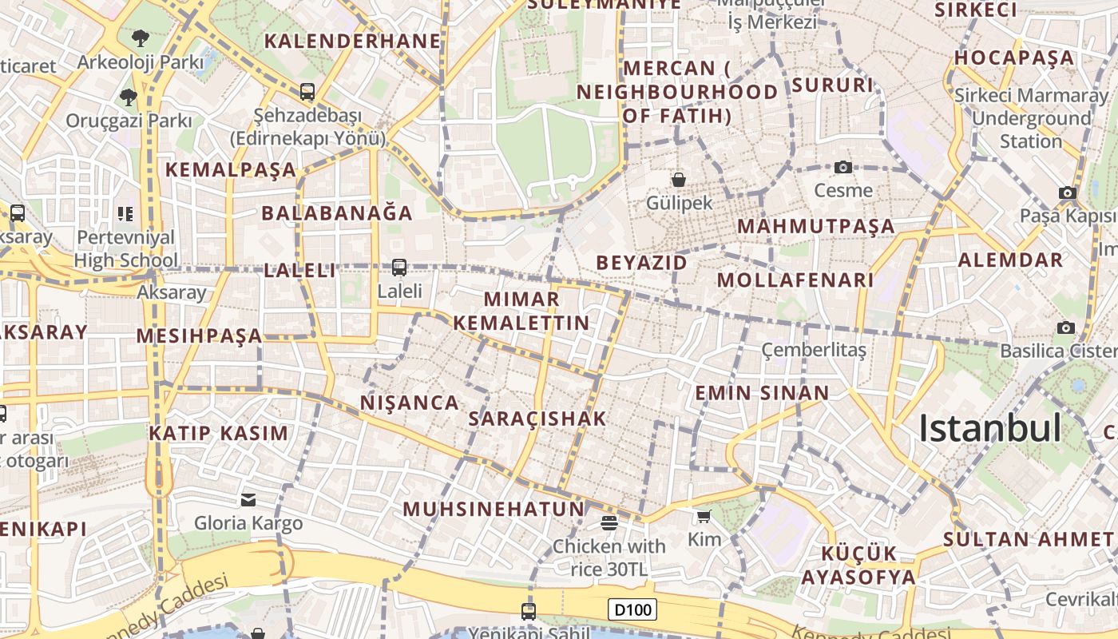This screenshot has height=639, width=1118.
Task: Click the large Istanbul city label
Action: click(x=989, y=429)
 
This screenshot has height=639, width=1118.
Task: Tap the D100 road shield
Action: click(x=632, y=610)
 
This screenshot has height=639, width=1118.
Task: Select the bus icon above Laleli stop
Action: click(x=398, y=268)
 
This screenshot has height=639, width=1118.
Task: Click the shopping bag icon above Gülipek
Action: click(x=678, y=180)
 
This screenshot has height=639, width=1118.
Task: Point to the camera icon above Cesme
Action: click(x=842, y=167)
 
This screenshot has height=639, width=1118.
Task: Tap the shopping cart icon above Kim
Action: click(x=704, y=517)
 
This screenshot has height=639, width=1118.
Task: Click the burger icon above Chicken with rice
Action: click(x=609, y=523)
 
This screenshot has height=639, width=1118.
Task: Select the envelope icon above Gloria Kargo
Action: click(x=248, y=500)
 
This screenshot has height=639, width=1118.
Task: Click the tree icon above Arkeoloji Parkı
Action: click(x=141, y=38)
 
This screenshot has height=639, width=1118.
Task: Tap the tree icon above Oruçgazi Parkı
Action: click(x=128, y=97)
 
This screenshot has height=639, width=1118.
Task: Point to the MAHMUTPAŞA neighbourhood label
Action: click(x=815, y=227)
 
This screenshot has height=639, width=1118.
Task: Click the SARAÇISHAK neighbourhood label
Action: click(x=537, y=419)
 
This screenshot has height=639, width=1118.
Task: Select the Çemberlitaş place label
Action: click(x=813, y=350)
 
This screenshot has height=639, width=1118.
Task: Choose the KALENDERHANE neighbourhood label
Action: click(x=352, y=42)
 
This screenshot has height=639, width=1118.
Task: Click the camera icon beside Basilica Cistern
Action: click(x=1065, y=328)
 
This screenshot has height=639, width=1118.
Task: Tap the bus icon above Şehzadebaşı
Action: click(x=307, y=92)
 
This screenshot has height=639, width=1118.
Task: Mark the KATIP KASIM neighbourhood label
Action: click(x=218, y=434)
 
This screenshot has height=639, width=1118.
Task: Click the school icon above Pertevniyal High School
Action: click(x=125, y=213)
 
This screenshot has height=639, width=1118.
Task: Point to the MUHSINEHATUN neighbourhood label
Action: click(x=494, y=509)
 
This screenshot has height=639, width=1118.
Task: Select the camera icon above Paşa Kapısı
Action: click(x=1067, y=192)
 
